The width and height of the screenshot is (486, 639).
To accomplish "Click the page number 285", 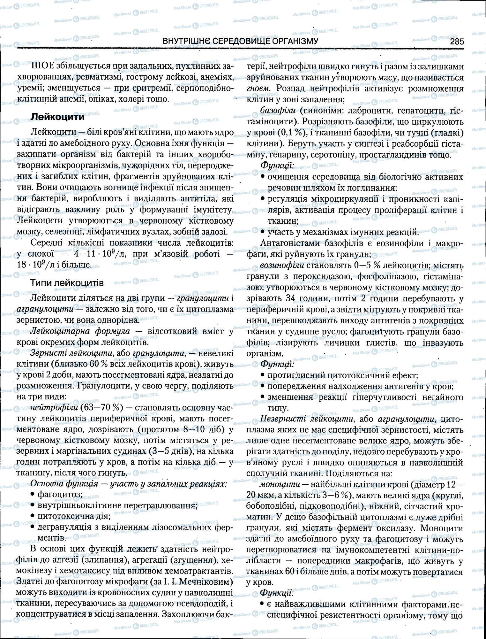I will click(x=457, y=42).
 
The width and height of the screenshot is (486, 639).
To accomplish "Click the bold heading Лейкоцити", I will click(x=57, y=117).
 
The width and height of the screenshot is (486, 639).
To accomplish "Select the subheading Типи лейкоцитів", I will click(x=67, y=283).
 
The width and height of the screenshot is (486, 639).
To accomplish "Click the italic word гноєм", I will click(x=258, y=88).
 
